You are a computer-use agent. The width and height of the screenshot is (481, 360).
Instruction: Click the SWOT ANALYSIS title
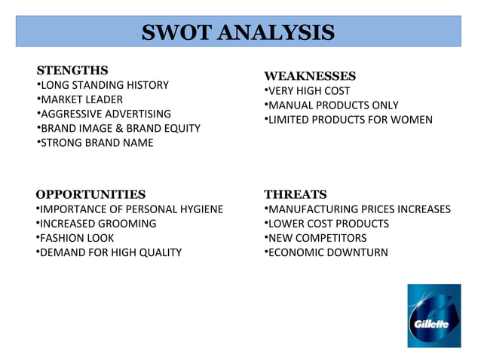pos(238,33)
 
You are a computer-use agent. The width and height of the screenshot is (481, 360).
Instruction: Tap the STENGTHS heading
pos(72,70)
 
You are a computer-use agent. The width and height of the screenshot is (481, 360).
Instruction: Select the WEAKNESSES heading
pos(310,76)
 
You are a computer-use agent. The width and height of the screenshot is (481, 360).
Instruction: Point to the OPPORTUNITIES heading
pos(90,194)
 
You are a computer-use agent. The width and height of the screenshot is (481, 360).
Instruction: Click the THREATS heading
pos(295,194)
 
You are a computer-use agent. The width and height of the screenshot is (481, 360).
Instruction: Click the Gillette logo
pos(434,316)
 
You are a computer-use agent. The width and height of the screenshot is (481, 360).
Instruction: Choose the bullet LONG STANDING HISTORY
pos(103,85)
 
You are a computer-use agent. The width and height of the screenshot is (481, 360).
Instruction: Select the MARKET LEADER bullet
pos(81,99)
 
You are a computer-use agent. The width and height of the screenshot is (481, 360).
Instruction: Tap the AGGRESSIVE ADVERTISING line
pos(105,114)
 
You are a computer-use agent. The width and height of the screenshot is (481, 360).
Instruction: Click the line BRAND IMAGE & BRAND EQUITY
pos(119,128)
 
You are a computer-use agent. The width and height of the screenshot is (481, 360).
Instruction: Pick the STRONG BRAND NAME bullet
pos(96,142)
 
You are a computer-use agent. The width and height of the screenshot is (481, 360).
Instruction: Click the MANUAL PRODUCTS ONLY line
pos(332,105)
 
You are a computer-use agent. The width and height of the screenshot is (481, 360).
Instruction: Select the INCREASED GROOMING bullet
pos(97,224)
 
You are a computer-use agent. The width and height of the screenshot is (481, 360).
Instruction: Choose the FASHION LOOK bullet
pos(76,238)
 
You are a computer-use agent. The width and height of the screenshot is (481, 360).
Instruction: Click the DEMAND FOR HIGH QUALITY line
pos(110,252)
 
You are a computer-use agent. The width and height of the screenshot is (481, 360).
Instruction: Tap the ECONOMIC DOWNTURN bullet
pos(327,252)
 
